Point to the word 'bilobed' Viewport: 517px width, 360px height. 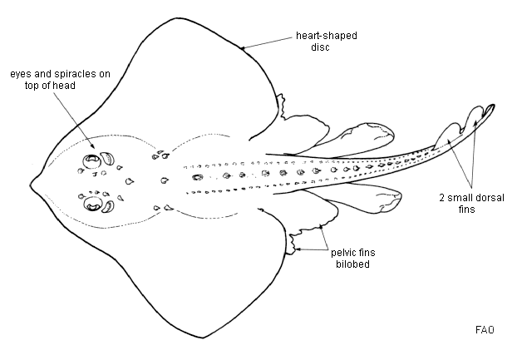pos(351,264)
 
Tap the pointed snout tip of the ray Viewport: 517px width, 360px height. pos(31,180)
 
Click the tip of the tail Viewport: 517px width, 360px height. pos(495,106)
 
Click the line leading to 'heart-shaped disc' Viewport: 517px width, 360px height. pos(266,43)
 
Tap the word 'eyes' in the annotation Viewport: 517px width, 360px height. pos(21,73)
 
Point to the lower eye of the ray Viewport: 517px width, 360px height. pos(91,201)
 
